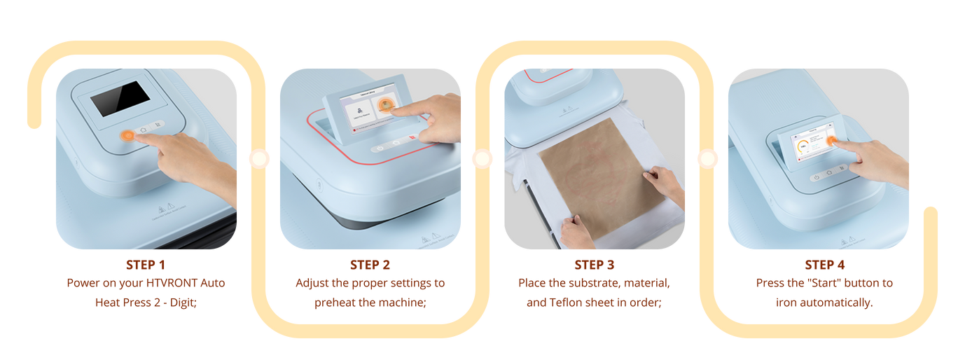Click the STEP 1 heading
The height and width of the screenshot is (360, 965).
pos(146,265)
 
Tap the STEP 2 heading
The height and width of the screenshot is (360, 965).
pos(370,265)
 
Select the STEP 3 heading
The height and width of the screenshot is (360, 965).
pos(594,265)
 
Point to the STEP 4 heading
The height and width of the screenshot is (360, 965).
pos(824,265)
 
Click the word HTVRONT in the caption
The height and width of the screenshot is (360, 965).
pos(172,283)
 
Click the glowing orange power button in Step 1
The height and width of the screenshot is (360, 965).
pos(127,136)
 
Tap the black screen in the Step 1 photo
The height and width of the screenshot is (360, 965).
pos(120,98)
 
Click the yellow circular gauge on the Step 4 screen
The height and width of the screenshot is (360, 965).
pos(803,146)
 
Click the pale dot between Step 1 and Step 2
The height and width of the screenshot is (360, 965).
pos(259,159)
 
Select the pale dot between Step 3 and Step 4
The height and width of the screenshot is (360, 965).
pos(708,159)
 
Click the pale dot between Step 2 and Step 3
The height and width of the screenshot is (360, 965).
pos(482,159)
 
